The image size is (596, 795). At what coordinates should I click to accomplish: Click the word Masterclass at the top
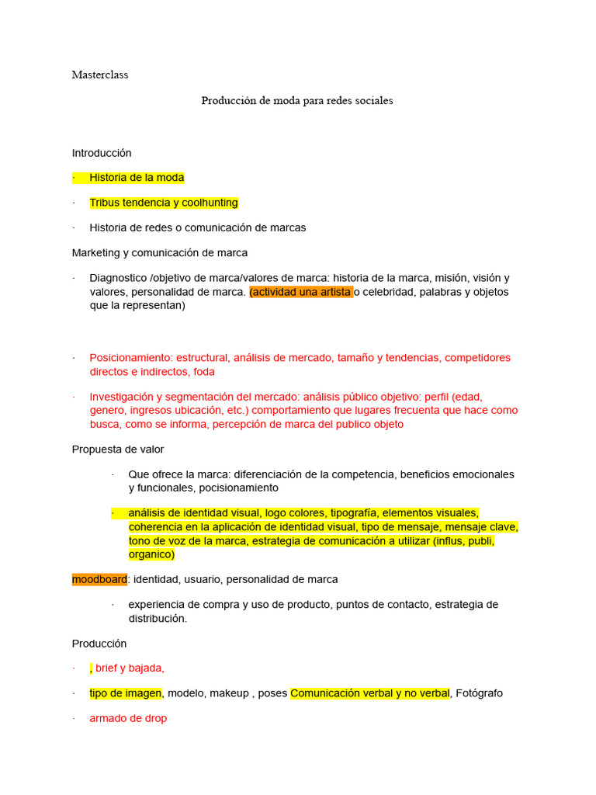point(100,75)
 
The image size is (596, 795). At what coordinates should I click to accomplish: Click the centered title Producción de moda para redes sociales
point(297,101)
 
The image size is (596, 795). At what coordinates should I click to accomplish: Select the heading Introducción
point(102,153)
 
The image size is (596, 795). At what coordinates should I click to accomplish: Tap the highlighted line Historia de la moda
point(137,178)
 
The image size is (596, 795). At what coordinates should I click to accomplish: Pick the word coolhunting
point(207,203)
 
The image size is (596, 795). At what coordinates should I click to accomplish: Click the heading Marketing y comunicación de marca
point(160,252)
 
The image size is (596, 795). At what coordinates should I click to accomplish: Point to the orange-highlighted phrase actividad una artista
point(301,292)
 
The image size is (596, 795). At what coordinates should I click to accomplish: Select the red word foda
point(204,372)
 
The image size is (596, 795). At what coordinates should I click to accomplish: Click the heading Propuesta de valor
point(118,450)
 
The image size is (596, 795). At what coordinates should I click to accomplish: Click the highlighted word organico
point(151,555)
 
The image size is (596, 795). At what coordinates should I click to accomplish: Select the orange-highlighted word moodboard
point(99,579)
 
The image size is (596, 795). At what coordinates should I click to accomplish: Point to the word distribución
point(157,619)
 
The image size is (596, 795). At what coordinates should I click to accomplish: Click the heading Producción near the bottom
point(99,644)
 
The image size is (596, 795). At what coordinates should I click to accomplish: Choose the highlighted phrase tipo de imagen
point(126,693)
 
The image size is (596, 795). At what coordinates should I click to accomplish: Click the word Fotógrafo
point(480,693)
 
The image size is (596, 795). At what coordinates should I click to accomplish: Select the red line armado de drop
point(128,719)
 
